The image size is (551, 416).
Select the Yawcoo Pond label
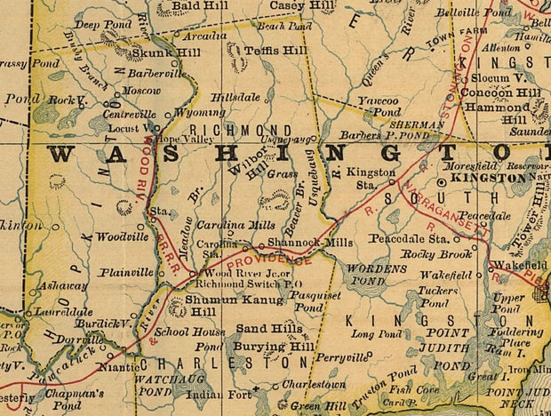tap(379, 108)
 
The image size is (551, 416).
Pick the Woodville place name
tap(122, 237)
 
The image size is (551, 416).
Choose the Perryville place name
tap(340, 356)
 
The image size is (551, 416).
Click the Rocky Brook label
tap(429, 253)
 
